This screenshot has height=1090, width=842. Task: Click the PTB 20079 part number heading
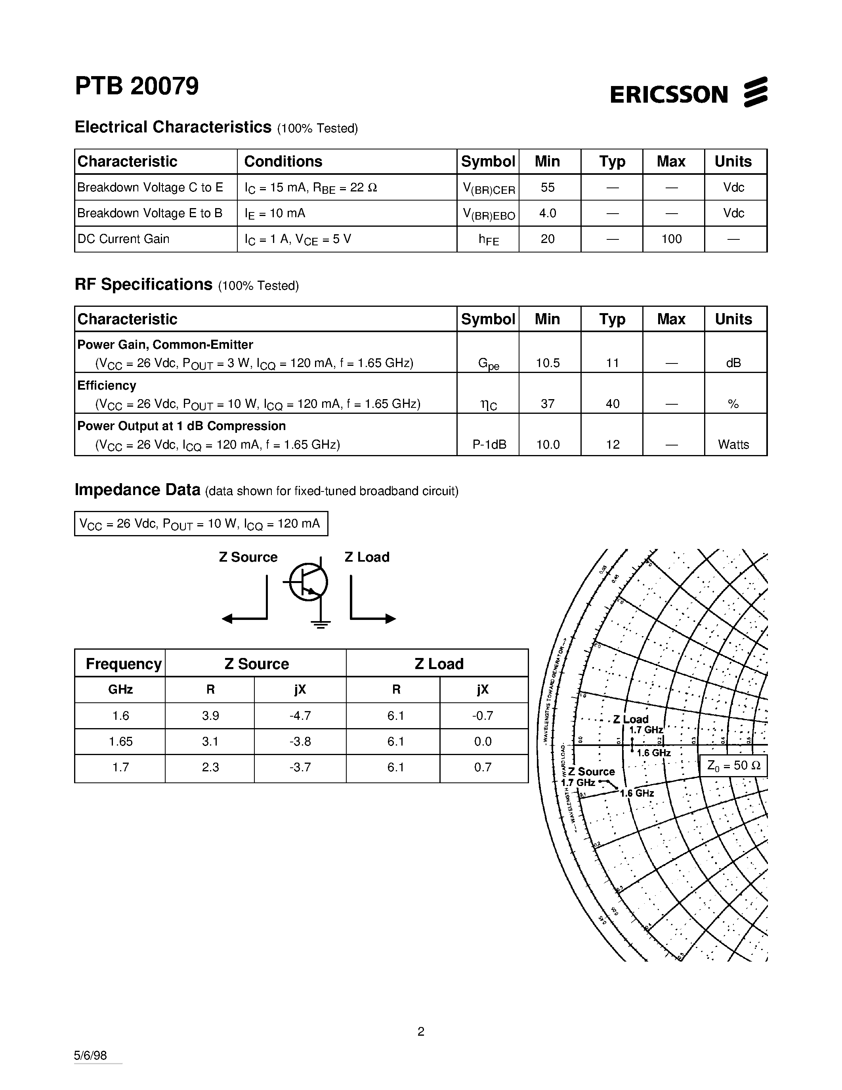click(x=137, y=86)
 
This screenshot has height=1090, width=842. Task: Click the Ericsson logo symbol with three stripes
click(x=755, y=92)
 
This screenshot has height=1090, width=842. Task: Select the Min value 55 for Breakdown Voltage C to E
click(x=547, y=187)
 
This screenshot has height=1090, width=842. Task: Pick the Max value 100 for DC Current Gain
click(x=671, y=239)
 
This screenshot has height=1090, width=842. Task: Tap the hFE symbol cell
click(x=488, y=239)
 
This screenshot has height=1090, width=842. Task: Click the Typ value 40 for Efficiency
click(x=612, y=404)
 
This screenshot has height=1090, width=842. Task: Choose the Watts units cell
click(x=733, y=444)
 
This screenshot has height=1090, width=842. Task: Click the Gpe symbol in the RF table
click(x=488, y=364)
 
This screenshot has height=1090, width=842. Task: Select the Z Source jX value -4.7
click(x=300, y=716)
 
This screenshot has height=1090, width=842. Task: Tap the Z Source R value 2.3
click(x=210, y=767)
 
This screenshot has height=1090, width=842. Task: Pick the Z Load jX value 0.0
click(x=482, y=742)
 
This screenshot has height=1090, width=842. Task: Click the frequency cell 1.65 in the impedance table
click(x=120, y=742)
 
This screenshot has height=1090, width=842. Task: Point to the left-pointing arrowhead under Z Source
click(x=227, y=619)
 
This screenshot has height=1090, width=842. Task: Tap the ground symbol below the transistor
click(x=320, y=624)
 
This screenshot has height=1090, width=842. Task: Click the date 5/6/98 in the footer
click(x=90, y=1055)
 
